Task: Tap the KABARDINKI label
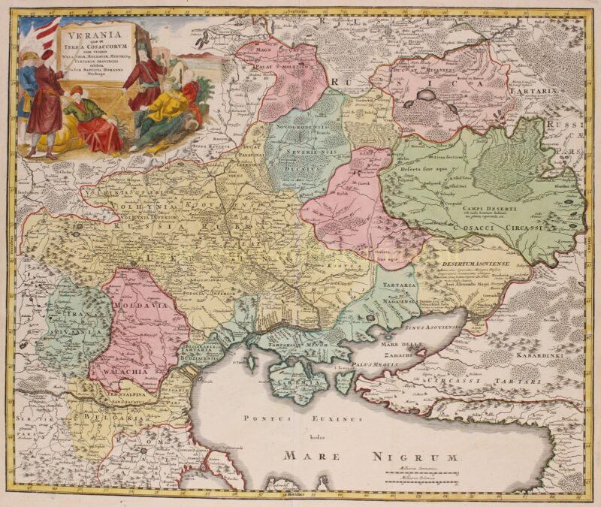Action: pos(554,349)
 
